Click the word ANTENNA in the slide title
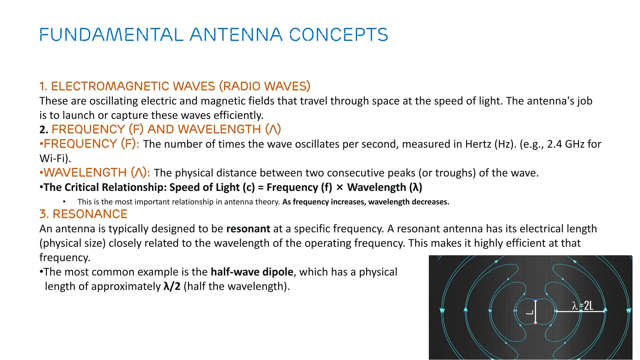tap(236, 34)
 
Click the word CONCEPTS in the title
tap(339, 34)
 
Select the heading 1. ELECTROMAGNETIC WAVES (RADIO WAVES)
tap(175, 86)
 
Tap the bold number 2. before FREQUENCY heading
tap(44, 130)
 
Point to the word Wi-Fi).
tap(55, 158)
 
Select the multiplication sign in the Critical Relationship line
tap(340, 187)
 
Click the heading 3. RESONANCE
tap(83, 214)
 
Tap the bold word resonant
tap(248, 229)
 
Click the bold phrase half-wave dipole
tap(252, 272)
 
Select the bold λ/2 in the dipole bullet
tap(172, 286)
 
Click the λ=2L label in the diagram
tap(583, 306)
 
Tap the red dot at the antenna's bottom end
tap(535, 323)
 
